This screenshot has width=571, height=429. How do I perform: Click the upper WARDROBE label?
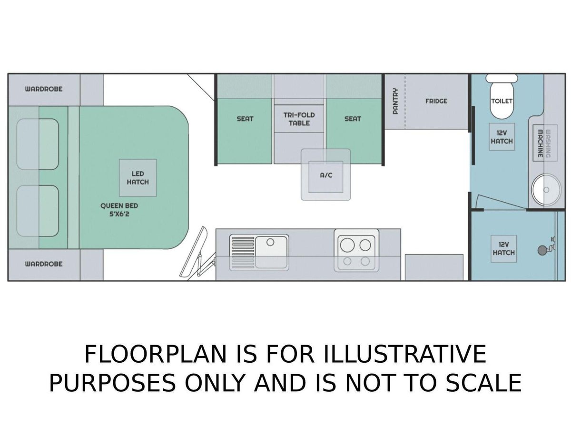(x=44, y=89)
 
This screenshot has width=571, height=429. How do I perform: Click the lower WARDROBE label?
(x=44, y=264)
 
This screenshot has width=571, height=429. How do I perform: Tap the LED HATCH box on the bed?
(x=138, y=178)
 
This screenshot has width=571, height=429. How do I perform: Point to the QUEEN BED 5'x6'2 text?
(x=119, y=210)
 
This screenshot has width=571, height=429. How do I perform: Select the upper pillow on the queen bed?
(x=38, y=144)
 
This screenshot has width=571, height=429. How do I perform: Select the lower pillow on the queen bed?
(x=38, y=211)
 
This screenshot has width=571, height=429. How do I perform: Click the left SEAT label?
(x=245, y=119)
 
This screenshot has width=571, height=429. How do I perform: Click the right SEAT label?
(x=353, y=119)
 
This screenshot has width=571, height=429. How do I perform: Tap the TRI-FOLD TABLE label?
(x=299, y=119)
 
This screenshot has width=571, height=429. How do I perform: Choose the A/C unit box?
(x=325, y=177)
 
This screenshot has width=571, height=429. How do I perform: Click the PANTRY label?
(x=395, y=101)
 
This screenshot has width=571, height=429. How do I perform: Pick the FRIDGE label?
(x=436, y=101)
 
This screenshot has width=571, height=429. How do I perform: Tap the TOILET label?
(x=502, y=101)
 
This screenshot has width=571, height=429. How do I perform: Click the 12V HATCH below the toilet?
(x=502, y=137)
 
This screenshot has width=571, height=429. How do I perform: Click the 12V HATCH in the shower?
(x=504, y=248)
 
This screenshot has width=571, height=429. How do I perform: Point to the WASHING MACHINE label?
(x=544, y=143)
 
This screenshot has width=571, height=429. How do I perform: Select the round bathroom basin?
(x=546, y=190)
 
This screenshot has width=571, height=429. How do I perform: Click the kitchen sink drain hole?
(x=270, y=243)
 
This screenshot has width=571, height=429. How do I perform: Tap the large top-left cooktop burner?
(x=347, y=245)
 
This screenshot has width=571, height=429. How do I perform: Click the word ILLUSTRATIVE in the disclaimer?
(x=404, y=354)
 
